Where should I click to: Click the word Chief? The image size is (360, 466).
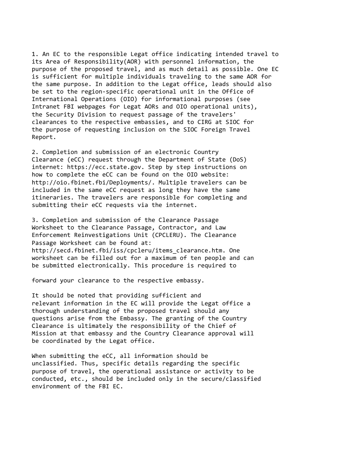pyautogui.click(x=218, y=326)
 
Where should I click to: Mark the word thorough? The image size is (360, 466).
pyautogui.click(x=46, y=311)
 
